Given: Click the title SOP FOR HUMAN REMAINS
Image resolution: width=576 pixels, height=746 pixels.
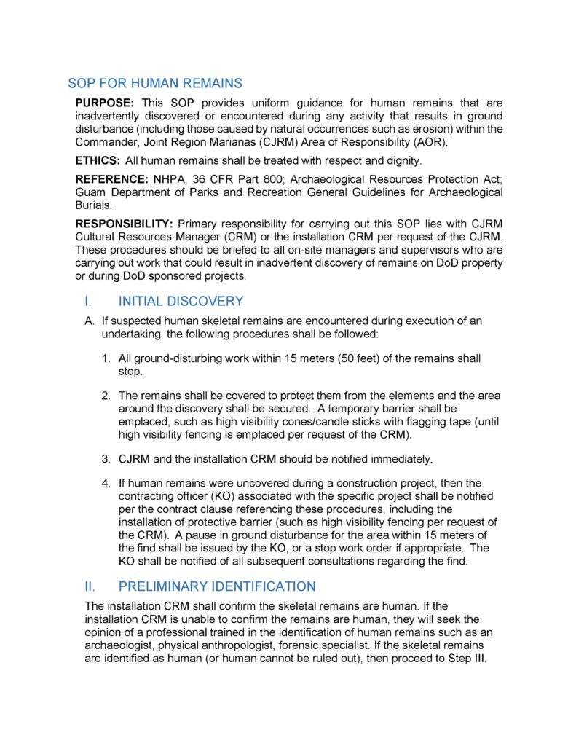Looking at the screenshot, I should pyautogui.click(x=155, y=83).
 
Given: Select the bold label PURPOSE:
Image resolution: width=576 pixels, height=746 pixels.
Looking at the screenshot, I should pyautogui.click(x=105, y=103).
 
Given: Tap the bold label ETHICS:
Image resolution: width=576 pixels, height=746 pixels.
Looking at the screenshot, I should pyautogui.click(x=98, y=159).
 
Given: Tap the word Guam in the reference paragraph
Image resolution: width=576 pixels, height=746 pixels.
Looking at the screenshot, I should pyautogui.click(x=91, y=192).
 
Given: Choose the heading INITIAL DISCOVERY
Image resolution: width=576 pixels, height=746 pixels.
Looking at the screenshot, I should pyautogui.click(x=181, y=301).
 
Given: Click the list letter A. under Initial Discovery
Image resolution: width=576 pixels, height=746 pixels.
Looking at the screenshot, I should pyautogui.click(x=90, y=321).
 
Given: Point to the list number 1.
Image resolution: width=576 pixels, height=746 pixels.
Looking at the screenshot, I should pyautogui.click(x=106, y=358).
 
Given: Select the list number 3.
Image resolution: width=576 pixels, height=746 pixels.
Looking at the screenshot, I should pyautogui.click(x=106, y=458).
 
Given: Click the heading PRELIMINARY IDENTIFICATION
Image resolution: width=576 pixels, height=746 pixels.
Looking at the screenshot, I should pyautogui.click(x=217, y=586).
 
